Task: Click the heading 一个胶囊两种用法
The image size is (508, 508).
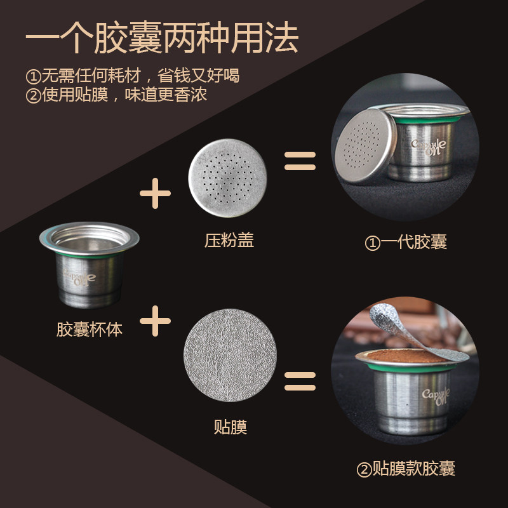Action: (162, 37)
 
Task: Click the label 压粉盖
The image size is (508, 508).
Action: (229, 241)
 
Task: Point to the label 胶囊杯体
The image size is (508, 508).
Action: (90, 329)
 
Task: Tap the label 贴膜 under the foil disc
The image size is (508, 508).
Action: (231, 427)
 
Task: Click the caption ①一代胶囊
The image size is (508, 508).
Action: (406, 242)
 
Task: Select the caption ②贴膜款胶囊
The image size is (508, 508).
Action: (406, 469)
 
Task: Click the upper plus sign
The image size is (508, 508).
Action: (155, 194)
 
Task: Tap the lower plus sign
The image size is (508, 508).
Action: (155, 321)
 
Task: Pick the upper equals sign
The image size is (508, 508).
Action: (300, 161)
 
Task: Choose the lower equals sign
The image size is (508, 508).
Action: (300, 381)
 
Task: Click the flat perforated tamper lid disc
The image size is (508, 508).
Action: (228, 178)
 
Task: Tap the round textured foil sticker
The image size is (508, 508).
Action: (230, 355)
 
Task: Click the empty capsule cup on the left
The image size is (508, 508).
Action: (90, 264)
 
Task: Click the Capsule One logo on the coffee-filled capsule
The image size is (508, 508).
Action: (436, 396)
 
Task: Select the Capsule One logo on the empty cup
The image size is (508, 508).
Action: (80, 277)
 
